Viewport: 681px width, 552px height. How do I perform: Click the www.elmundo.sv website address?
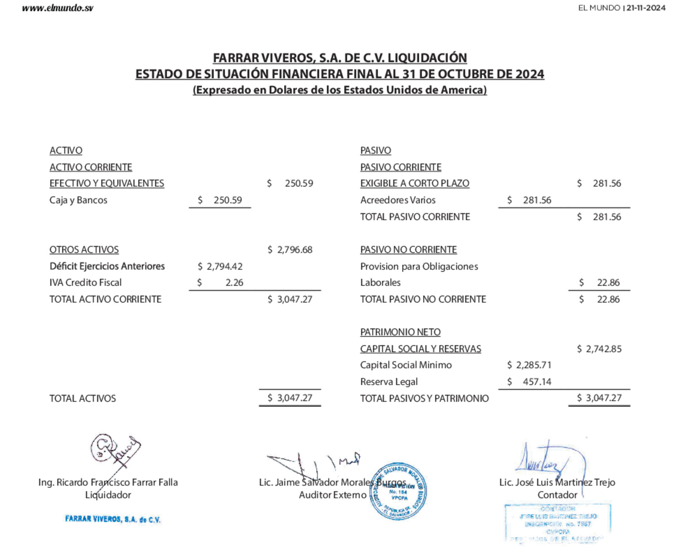tap(58, 8)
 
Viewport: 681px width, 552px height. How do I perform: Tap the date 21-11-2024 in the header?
tap(646, 8)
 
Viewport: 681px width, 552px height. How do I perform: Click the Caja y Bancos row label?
tap(79, 200)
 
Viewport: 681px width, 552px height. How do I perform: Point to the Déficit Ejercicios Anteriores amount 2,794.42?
tap(224, 266)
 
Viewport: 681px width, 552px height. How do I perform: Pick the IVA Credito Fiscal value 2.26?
tap(234, 283)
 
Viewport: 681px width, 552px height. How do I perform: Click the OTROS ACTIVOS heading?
tap(84, 249)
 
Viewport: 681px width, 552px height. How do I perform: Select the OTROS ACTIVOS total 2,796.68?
tap(294, 249)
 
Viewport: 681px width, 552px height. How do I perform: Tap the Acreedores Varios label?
tap(398, 200)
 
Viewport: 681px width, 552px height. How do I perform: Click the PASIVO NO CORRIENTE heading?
tap(409, 249)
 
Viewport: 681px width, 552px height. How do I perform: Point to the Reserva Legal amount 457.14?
tap(537, 382)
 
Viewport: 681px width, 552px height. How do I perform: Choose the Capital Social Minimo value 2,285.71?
tap(533, 365)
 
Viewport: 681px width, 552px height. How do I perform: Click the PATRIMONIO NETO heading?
tap(400, 332)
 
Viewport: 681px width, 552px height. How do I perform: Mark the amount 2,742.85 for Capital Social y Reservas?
tap(603, 349)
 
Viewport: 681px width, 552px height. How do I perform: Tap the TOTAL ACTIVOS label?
tap(83, 398)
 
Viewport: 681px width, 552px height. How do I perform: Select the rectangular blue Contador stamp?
tap(558, 523)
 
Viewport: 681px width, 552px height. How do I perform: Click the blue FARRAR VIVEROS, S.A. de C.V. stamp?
tap(113, 519)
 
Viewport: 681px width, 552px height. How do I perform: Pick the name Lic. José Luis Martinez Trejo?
tap(557, 482)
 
